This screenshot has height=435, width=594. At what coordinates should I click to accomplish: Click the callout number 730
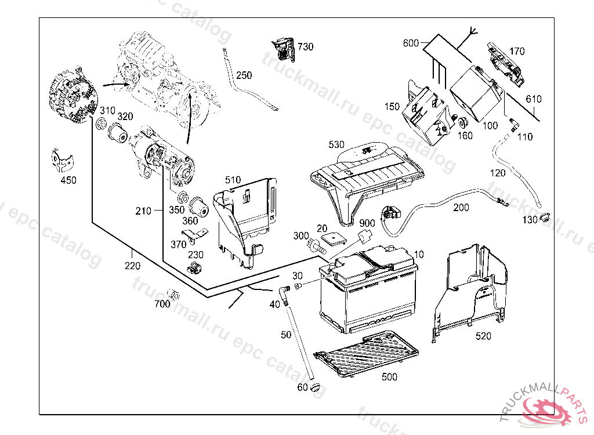pos(305,46)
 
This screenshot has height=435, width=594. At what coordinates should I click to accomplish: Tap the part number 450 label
pos(68,180)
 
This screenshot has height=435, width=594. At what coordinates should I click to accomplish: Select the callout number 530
pos(336,144)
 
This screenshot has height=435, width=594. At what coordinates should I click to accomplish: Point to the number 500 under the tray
pos(390,377)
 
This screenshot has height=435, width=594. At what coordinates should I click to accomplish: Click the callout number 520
pos(483,336)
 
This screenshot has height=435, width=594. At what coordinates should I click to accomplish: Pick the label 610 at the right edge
pos(533,99)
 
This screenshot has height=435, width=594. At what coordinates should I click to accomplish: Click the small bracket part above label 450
pos(61,159)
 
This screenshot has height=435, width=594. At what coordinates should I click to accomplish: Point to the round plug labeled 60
pos(316,387)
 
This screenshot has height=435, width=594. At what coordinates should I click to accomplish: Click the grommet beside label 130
pos(545,218)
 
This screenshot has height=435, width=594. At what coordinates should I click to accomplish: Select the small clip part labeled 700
pos(173,293)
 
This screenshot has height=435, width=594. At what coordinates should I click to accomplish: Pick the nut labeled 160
pos(464,123)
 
